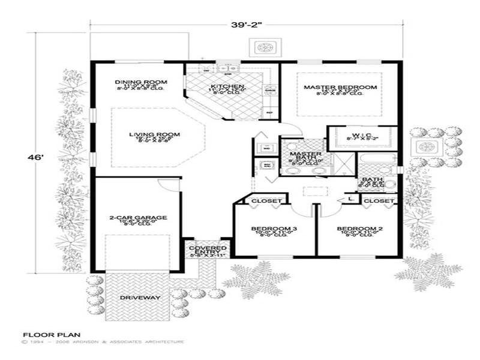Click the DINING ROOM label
coord(141,82)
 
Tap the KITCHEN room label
coord(227,87)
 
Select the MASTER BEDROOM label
coord(340,88)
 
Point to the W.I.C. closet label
coord(361,133)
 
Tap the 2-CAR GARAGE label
coord(130,217)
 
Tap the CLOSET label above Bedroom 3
coord(262,200)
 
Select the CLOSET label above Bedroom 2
coord(379,200)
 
